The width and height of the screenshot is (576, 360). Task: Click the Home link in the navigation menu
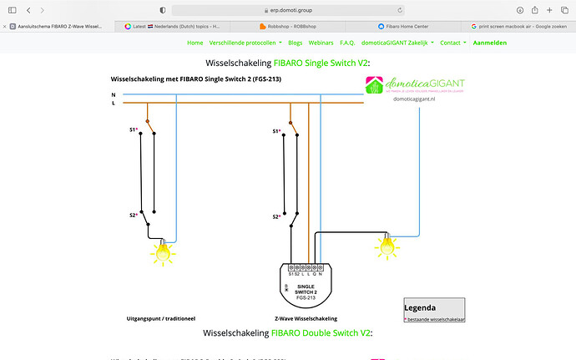[x=195, y=42]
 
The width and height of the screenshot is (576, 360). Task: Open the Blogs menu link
[x=296, y=42]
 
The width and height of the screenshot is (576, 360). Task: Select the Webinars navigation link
[x=321, y=42]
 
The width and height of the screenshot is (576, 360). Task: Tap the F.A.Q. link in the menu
[x=347, y=42]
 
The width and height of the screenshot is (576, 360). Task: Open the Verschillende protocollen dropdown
[x=245, y=42]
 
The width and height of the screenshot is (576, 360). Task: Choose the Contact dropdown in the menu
[x=452, y=42]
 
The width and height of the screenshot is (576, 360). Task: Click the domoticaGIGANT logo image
[x=415, y=87]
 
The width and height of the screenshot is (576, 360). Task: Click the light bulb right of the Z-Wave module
[x=386, y=246]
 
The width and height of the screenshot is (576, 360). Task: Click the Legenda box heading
[x=420, y=307]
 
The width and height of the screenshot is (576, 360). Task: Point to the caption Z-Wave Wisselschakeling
[x=306, y=318]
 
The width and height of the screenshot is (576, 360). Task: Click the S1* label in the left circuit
[x=134, y=130]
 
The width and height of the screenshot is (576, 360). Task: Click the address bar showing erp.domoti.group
[x=287, y=9]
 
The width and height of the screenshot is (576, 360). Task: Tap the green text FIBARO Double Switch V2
[x=321, y=333]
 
